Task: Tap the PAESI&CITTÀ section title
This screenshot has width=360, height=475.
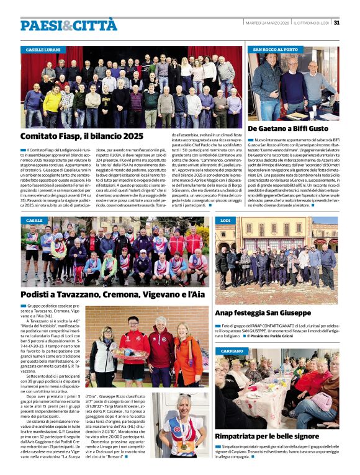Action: (68, 25)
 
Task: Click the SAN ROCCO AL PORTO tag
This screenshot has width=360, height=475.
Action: (276, 49)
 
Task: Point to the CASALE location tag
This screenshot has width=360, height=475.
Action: (34, 221)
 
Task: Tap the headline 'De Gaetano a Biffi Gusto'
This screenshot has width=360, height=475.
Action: (288, 128)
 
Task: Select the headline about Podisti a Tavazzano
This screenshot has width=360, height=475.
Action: (112, 295)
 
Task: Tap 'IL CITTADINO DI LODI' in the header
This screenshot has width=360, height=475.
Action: (310, 23)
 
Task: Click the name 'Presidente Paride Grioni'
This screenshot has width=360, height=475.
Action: (272, 336)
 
